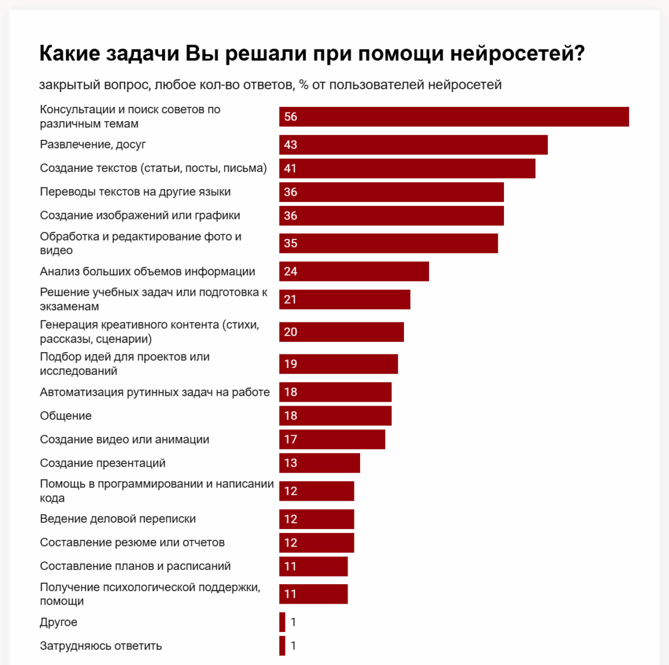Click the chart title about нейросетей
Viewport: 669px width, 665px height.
312,53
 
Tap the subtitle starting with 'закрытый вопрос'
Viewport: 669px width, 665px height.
270,85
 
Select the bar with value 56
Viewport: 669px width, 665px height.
454,117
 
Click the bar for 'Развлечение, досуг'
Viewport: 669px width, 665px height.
413,144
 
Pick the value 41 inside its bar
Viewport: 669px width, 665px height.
291,168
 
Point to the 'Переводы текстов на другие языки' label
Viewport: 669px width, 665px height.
135,192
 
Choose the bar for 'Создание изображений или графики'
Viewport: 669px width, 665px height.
391,216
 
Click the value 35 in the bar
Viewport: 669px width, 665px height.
291,243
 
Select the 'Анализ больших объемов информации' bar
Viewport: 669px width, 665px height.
354,271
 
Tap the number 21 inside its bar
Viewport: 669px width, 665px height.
291,299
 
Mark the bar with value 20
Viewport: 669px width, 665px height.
341,332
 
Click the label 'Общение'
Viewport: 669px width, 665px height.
65,416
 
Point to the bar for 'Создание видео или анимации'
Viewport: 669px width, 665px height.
332,439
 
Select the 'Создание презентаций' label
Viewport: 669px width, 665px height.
102,463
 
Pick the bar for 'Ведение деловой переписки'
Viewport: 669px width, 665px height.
316,519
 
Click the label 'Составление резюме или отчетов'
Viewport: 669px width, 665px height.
132,543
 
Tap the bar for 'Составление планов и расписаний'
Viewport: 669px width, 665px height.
313,566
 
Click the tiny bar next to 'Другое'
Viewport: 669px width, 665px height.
282,622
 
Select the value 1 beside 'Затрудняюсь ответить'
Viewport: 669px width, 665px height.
294,646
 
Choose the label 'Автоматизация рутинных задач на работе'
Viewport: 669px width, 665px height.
155,392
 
